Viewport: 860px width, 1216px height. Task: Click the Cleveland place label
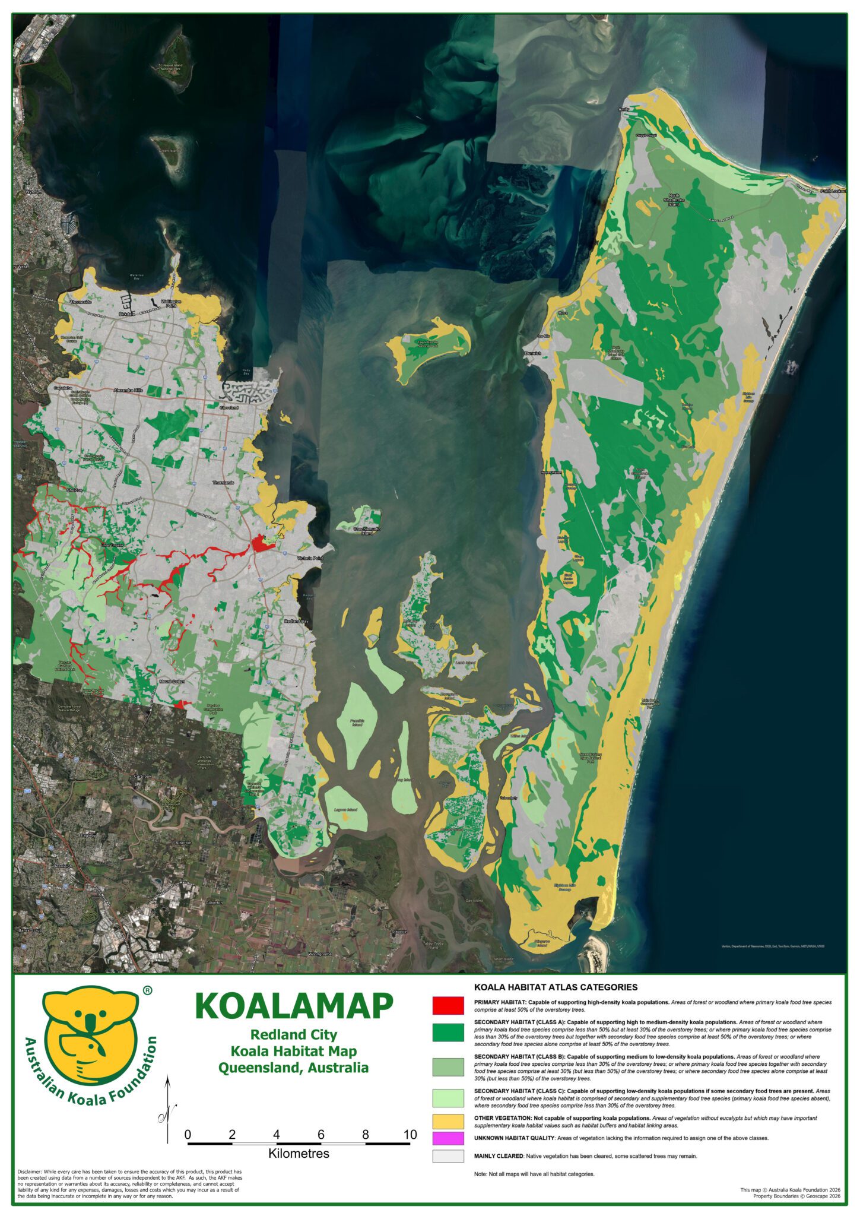click(x=229, y=408)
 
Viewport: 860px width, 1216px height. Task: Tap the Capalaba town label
click(x=63, y=388)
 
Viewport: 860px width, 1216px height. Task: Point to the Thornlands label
click(x=224, y=483)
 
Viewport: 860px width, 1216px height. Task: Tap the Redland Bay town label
click(x=296, y=621)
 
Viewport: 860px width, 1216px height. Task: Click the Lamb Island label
click(x=465, y=662)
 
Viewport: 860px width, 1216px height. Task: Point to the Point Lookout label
click(x=833, y=191)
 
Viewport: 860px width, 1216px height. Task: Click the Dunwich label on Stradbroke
click(x=532, y=353)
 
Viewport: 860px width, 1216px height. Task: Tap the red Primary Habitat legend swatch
click(x=448, y=1005)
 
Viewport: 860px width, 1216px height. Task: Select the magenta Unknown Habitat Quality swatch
click(x=448, y=1138)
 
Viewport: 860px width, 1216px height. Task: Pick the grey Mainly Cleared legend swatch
click(x=448, y=1156)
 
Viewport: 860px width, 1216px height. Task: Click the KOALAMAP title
click(x=294, y=1006)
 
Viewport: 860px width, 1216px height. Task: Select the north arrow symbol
click(x=168, y=1109)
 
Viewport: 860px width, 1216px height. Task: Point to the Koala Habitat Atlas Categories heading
click(x=556, y=987)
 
